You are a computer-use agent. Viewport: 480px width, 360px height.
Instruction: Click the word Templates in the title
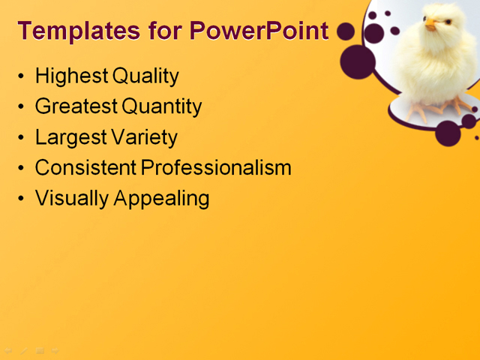click(67, 31)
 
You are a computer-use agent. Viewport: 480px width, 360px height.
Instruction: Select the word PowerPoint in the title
click(259, 31)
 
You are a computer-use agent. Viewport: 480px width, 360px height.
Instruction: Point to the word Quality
click(145, 76)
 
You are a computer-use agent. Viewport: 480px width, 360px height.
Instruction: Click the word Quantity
click(162, 106)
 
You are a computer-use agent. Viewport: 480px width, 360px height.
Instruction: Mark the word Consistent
click(85, 167)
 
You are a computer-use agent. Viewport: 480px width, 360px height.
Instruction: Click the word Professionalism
click(216, 167)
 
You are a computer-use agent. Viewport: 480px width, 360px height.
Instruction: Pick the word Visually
click(72, 198)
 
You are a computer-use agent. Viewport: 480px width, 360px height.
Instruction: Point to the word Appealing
click(160, 199)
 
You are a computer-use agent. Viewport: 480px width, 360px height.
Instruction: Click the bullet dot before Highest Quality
click(20, 76)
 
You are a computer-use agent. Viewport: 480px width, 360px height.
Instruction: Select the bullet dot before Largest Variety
click(20, 138)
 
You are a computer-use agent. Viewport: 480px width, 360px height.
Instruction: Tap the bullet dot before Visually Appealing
click(20, 199)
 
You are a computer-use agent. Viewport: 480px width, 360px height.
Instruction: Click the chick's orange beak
click(430, 25)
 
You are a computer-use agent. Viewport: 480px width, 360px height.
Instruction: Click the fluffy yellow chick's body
click(445, 67)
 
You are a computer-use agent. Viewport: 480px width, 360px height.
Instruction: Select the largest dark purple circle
click(358, 61)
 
